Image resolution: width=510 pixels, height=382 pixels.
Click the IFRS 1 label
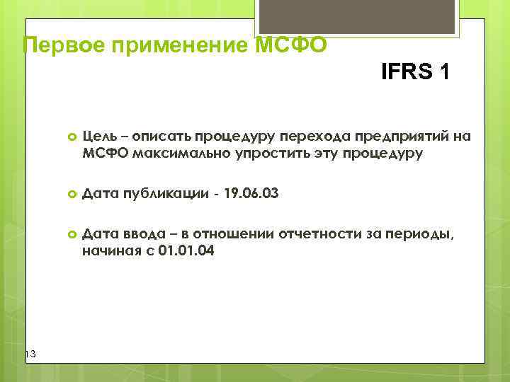[414, 72]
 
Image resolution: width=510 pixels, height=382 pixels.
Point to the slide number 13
[29, 354]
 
